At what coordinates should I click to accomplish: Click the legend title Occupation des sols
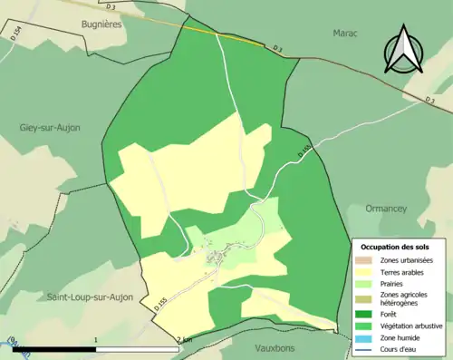[x=395, y=247]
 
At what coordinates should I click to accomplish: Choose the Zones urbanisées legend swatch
[x=368, y=260]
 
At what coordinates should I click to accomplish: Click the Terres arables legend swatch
[x=368, y=271]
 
